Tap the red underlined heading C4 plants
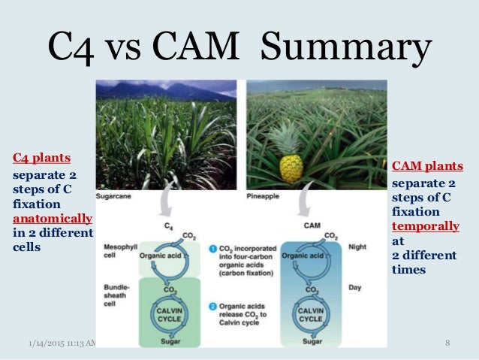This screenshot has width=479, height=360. click(x=41, y=158)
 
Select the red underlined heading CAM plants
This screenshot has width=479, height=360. click(x=428, y=166)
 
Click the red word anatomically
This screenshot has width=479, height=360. click(x=53, y=219)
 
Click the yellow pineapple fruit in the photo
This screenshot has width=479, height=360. click(x=289, y=168)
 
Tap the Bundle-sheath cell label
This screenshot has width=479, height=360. click(x=118, y=294)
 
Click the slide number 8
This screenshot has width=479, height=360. click(x=447, y=343)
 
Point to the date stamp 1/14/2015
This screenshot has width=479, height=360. click(x=42, y=343)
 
